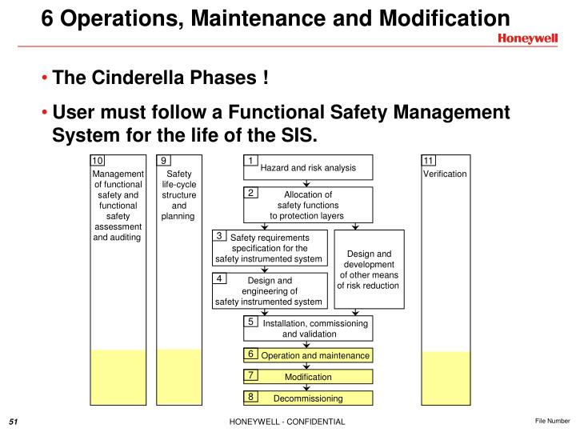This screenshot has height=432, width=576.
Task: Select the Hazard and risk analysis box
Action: tap(308, 167)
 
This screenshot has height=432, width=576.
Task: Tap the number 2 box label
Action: tap(250, 193)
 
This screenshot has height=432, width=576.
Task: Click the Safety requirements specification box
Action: tap(270, 248)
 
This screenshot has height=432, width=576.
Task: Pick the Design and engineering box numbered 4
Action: tap(270, 291)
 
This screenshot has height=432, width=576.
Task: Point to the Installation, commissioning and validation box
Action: tap(309, 328)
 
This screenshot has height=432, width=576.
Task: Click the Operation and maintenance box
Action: tap(309, 355)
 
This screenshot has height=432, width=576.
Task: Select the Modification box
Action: tap(309, 377)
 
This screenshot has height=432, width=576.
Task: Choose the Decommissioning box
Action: tap(309, 398)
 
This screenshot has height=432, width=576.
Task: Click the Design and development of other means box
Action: tap(368, 270)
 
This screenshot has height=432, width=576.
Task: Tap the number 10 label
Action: tap(98, 161)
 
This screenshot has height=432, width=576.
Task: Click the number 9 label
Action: tap(163, 161)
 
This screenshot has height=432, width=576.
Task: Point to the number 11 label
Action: tap(428, 161)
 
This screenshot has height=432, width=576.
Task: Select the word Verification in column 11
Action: tap(445, 174)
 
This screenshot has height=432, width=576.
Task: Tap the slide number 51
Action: tap(14, 422)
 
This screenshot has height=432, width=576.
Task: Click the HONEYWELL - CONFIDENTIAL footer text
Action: tap(287, 422)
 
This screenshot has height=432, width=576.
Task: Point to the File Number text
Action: tap(553, 421)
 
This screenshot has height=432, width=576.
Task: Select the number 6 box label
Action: tap(250, 354)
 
